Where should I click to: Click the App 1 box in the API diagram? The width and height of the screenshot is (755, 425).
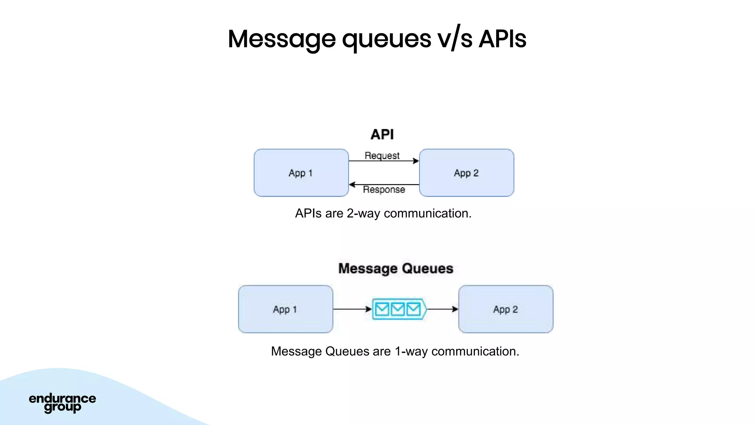pos(301,173)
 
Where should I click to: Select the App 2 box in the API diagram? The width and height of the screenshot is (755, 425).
pos(466,173)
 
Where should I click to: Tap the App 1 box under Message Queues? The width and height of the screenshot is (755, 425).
pos(285,309)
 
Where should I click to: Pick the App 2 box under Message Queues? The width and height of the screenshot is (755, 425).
pos(505,309)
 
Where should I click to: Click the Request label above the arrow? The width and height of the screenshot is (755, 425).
pos(382,155)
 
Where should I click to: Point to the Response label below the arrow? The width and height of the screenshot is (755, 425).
pos(384,189)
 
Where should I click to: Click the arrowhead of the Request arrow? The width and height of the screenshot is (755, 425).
pos(416,161)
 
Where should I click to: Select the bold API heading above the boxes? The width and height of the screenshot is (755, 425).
pos(382,134)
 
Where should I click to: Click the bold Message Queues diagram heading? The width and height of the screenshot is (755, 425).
pos(396,268)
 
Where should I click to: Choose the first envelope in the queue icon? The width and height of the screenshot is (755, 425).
pos(382,309)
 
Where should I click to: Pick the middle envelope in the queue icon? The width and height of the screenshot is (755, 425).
pos(398,309)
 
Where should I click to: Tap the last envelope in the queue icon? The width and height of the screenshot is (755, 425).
pos(413,309)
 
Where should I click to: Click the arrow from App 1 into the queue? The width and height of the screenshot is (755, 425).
pos(352,309)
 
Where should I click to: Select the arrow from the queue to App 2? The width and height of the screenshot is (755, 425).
pos(442,309)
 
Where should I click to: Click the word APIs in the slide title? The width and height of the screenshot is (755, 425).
pos(502,39)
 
